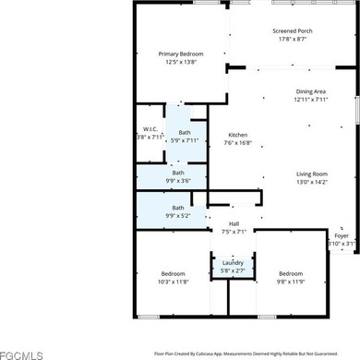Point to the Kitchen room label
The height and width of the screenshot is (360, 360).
238,135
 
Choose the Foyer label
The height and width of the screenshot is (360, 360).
342,235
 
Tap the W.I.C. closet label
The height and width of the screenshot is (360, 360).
151,129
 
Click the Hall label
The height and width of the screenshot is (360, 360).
234,224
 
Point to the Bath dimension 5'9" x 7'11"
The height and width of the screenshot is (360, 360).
186,140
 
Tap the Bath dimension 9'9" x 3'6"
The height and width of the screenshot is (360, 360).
178,180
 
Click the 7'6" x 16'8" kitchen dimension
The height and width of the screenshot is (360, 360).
238,143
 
